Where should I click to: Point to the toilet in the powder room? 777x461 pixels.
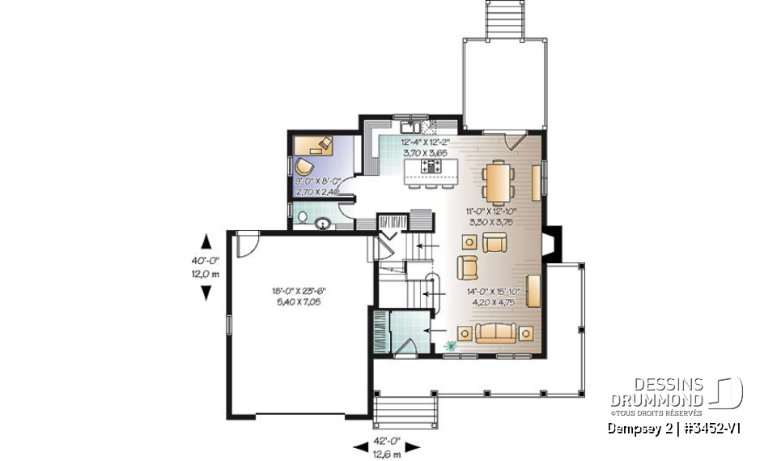click(x=302, y=218)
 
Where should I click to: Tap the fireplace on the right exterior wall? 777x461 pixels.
click(x=550, y=242)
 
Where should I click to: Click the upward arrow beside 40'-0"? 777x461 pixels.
click(x=206, y=241)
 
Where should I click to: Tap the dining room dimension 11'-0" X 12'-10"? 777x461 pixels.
click(x=491, y=215)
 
